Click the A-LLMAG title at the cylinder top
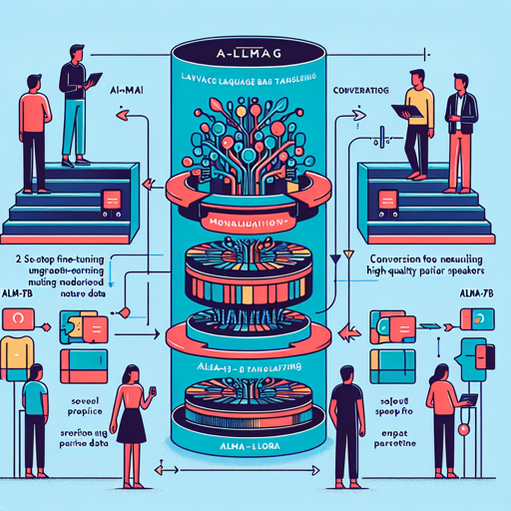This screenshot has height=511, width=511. click(x=252, y=46)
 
